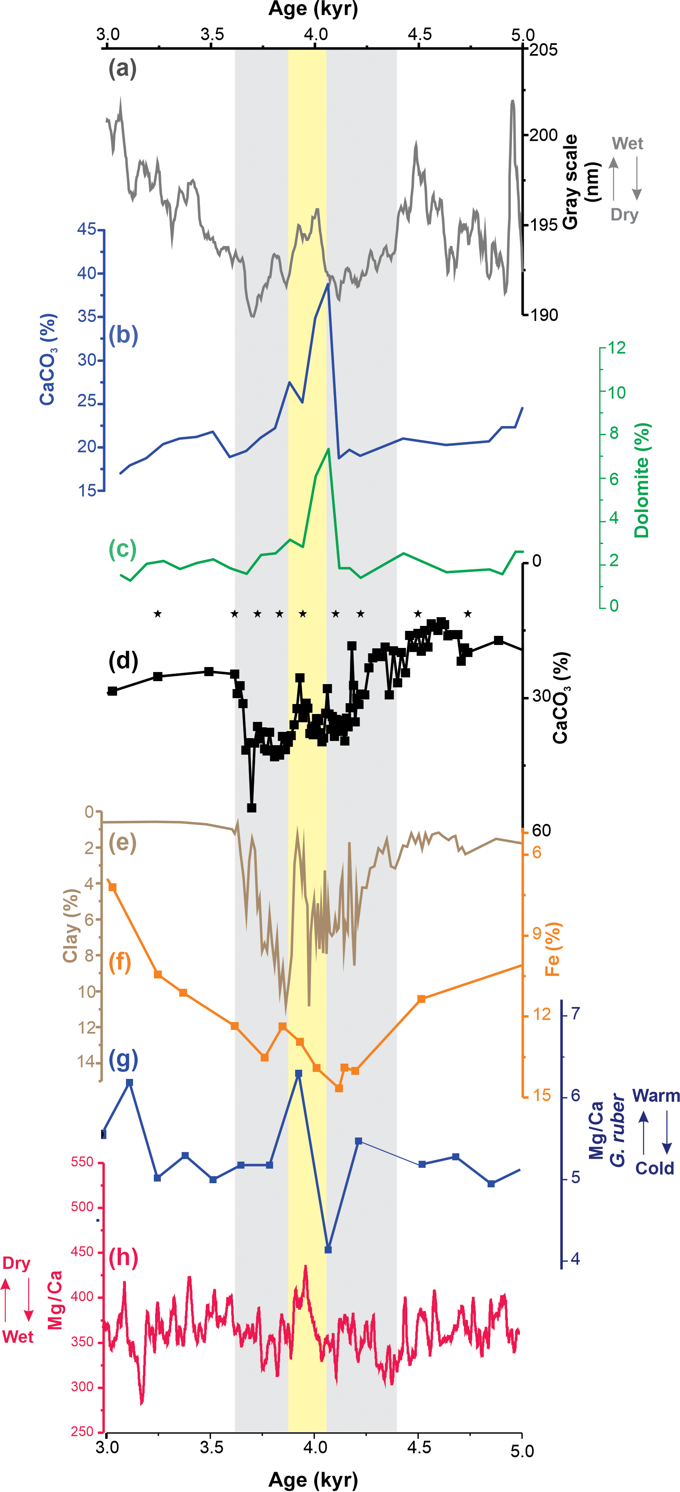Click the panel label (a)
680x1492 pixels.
(122, 69)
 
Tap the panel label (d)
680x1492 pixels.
(123, 661)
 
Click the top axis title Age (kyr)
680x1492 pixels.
(313, 9)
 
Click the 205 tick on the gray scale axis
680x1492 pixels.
(543, 50)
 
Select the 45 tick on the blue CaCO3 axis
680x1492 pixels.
(87, 229)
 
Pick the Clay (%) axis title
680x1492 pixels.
(71, 926)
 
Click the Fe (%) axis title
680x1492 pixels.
(552, 949)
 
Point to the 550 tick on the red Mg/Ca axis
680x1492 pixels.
(82, 1162)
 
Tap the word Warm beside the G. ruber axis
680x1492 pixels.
(655, 1096)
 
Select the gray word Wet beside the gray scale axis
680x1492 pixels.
(627, 144)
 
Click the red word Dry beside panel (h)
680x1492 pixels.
(16, 1263)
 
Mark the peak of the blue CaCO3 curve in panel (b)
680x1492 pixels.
(328, 284)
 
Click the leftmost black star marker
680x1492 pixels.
(158, 613)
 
